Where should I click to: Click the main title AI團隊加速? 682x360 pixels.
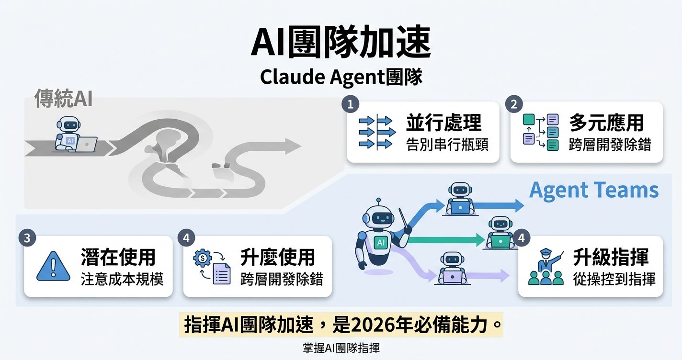pyautogui.click(x=341, y=44)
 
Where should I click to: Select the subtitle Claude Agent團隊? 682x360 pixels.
pyautogui.click(x=341, y=77)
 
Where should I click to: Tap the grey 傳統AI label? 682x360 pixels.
pyautogui.click(x=63, y=99)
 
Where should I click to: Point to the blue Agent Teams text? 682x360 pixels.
pyautogui.click(x=594, y=190)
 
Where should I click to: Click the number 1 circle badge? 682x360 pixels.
pyautogui.click(x=350, y=105)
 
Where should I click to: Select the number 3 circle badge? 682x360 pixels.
pyautogui.click(x=27, y=239)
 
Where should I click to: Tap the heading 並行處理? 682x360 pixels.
pyautogui.click(x=443, y=123)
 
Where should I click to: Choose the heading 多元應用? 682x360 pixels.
pyautogui.click(x=606, y=123)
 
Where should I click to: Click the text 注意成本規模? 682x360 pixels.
pyautogui.click(x=122, y=279)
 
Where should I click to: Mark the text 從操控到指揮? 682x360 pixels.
pyautogui.click(x=614, y=279)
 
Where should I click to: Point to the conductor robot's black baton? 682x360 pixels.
pyautogui.click(x=404, y=218)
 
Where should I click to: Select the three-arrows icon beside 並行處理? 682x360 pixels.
pyautogui.click(x=377, y=132)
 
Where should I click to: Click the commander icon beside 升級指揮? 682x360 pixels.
pyautogui.click(x=546, y=267)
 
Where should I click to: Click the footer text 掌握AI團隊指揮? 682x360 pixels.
pyautogui.click(x=341, y=348)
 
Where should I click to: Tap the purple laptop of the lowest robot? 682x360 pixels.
pyautogui.click(x=452, y=276)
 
